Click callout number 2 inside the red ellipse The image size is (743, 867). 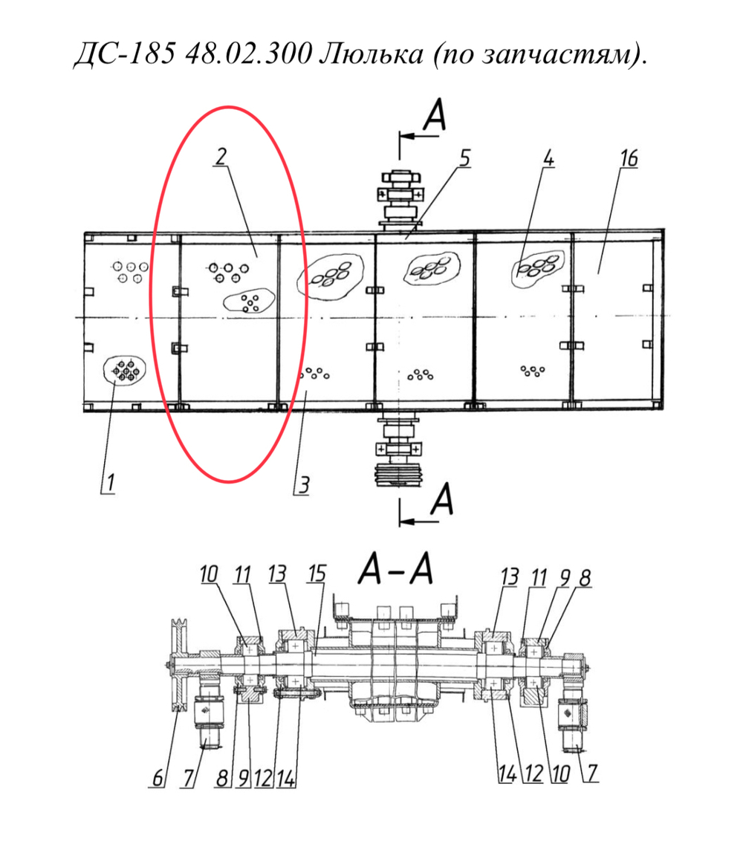(x=221, y=157)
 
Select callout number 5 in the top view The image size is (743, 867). (x=464, y=158)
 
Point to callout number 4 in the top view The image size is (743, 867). (x=548, y=159)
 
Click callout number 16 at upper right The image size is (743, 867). (x=629, y=158)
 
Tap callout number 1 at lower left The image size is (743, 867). (x=110, y=482)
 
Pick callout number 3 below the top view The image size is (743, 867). (x=303, y=485)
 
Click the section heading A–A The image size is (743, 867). (x=395, y=568)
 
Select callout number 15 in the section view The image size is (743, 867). (x=317, y=574)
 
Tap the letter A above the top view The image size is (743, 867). (x=434, y=114)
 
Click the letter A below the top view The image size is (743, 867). (x=442, y=499)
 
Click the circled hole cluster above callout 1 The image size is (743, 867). (x=124, y=370)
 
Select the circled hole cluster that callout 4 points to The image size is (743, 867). (x=537, y=268)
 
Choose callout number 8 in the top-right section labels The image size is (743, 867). (x=585, y=578)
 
